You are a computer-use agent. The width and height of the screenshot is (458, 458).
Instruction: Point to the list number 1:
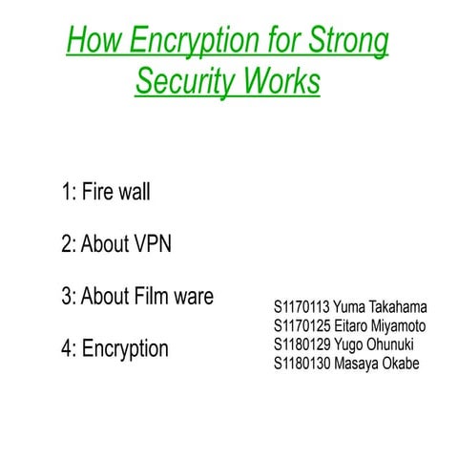point(69,192)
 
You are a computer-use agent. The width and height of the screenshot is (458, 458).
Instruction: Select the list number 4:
point(69,348)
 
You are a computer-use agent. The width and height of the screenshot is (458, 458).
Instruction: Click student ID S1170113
point(302,307)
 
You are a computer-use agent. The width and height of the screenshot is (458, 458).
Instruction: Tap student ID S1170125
point(302,325)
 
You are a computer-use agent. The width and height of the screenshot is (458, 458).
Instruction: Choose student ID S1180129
point(302,343)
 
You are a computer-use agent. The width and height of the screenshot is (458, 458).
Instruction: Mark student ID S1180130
point(302,363)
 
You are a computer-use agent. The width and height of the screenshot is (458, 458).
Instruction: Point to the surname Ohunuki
point(393,343)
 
